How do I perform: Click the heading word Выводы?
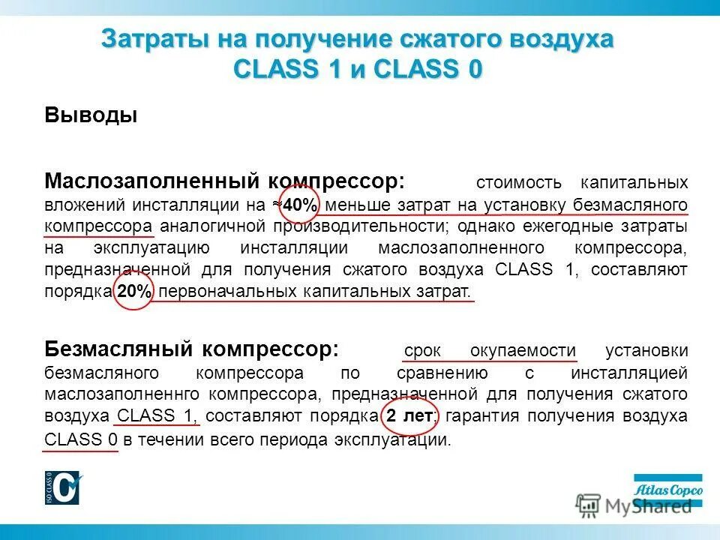(x=91, y=116)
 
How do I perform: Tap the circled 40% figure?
(x=298, y=205)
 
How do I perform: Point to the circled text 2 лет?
(x=409, y=416)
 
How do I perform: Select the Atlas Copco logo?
(x=668, y=490)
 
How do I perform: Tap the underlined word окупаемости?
(x=523, y=351)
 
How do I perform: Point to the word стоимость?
(x=518, y=183)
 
